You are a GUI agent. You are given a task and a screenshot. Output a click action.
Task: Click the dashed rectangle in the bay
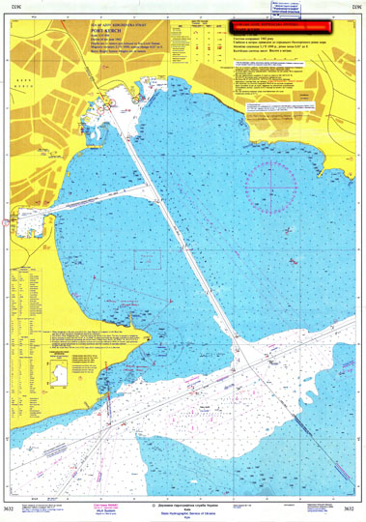tap(146, 259)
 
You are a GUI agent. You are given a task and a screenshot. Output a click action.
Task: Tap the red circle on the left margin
tap(6, 219)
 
